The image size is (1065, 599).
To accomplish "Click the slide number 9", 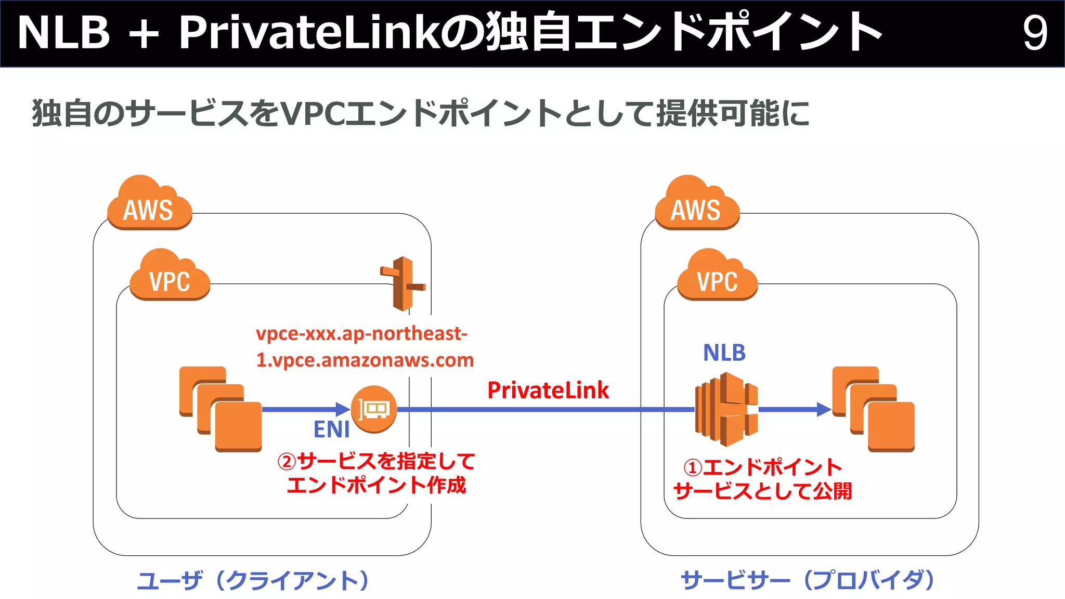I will click(1034, 33).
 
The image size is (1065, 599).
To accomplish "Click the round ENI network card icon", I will click(374, 410).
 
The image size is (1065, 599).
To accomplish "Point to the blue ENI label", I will click(331, 429).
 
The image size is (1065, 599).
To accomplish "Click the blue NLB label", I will click(724, 353).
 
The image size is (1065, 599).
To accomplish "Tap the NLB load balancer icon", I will click(726, 409).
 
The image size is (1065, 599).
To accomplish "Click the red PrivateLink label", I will click(548, 390).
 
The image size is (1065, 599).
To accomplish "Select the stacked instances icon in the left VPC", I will click(220, 409).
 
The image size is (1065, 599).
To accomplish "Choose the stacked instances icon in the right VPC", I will click(873, 409).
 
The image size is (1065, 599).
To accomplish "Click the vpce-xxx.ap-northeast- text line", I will click(361, 333).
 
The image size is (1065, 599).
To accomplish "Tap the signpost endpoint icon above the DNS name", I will click(403, 283).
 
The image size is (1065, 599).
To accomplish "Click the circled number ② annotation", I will click(287, 461).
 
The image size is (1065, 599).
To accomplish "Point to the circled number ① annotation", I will click(693, 467).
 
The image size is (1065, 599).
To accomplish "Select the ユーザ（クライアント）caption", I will click(253, 580).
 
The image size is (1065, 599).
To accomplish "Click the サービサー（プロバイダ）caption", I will click(808, 580).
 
